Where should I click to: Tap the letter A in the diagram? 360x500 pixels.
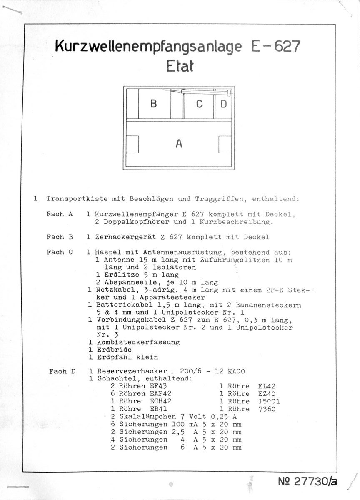click(179, 144)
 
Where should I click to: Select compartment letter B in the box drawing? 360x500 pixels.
click(153, 104)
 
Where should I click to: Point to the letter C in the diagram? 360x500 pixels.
click(199, 104)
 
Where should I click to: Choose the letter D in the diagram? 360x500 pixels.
click(223, 104)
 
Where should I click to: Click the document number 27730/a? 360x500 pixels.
click(307, 481)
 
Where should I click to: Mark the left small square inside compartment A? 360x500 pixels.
click(133, 144)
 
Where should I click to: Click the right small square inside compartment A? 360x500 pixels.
click(225, 144)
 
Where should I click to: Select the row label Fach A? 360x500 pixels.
click(60, 214)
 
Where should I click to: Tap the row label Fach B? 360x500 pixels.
click(60, 237)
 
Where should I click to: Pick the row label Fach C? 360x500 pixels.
click(60, 252)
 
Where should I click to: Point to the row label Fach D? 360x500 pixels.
click(62, 371)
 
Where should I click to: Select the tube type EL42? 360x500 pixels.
click(267, 386)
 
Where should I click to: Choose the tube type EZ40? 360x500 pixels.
click(267, 394)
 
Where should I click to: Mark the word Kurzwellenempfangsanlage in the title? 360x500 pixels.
click(148, 47)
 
